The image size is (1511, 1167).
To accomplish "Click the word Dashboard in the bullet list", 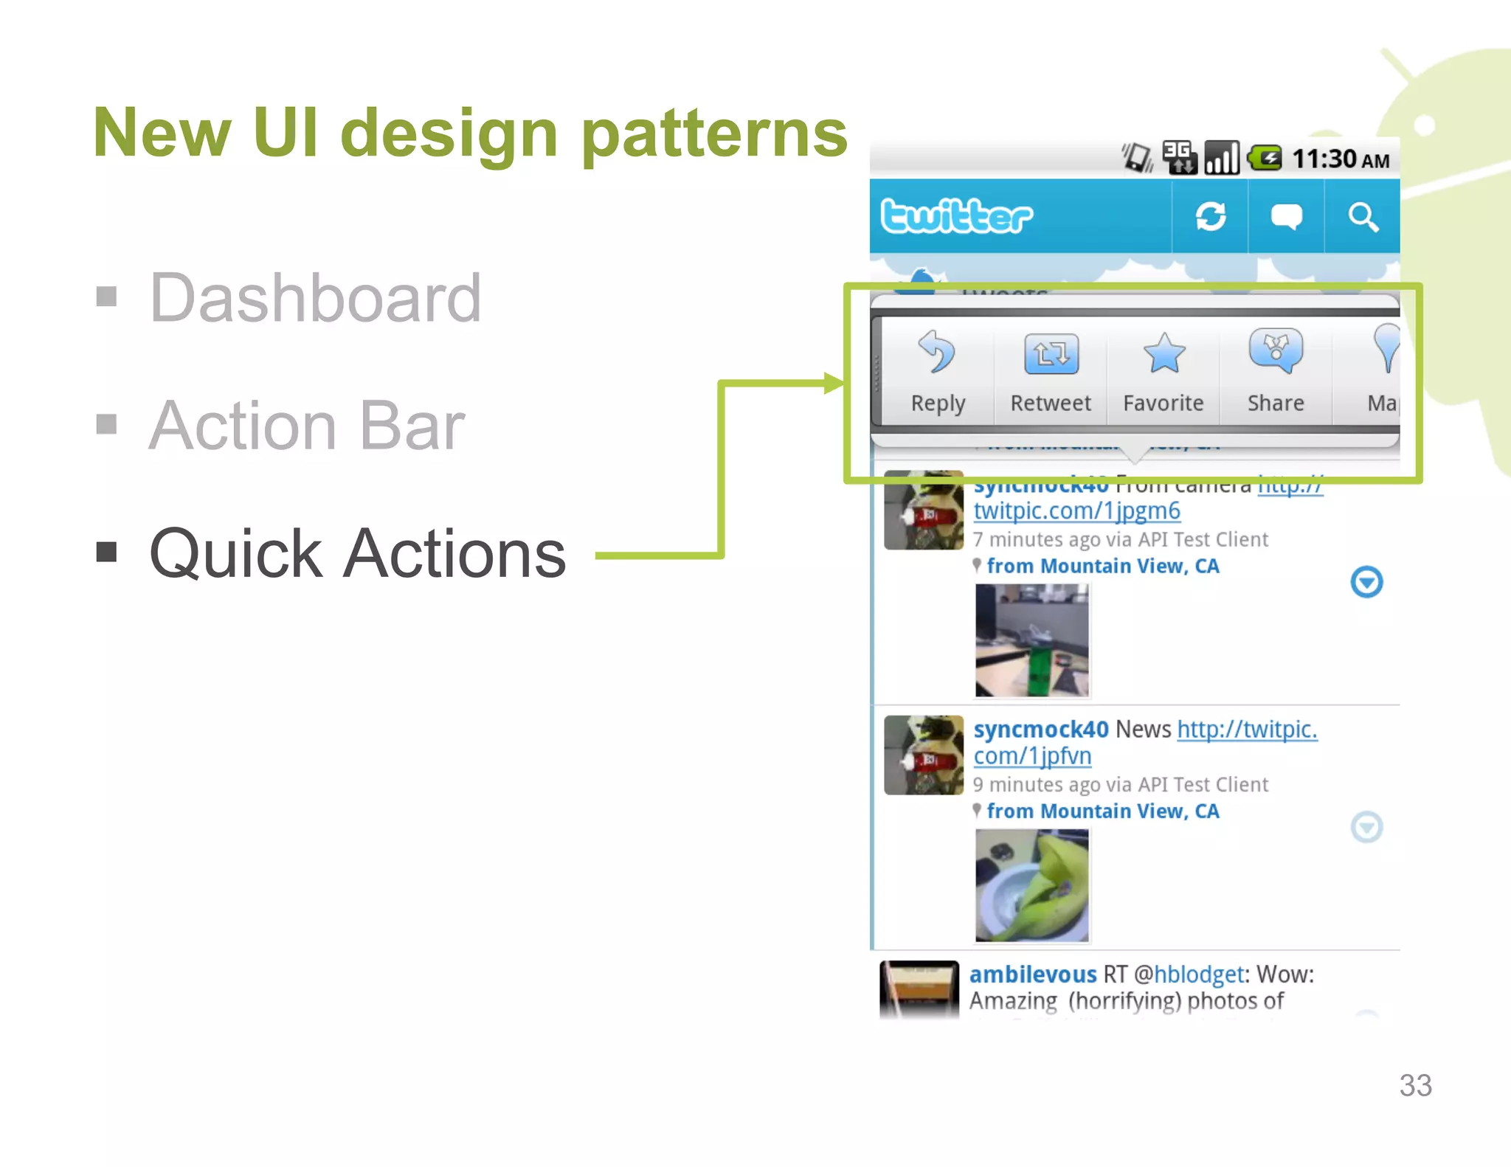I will [x=315, y=298].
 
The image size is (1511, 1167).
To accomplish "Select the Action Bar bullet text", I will [x=306, y=426].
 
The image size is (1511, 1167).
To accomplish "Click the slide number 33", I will [x=1415, y=1085].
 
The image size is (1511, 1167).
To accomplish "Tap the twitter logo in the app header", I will [x=956, y=216].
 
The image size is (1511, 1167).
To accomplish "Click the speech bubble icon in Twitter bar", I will [x=1286, y=217].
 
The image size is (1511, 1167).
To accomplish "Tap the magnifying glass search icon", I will [x=1362, y=217].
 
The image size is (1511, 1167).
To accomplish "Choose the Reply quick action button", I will [x=938, y=373].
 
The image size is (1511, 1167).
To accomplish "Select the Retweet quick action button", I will [x=1051, y=373].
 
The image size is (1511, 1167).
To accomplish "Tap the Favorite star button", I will [x=1163, y=373].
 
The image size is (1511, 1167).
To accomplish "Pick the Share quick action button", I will [x=1276, y=373].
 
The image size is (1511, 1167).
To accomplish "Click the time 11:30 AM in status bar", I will [x=1340, y=159].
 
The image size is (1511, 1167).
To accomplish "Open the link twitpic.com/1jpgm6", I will [x=1076, y=510].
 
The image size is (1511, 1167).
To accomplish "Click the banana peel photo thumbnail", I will [x=1031, y=885].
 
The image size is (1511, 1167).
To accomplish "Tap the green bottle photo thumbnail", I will [x=1031, y=640].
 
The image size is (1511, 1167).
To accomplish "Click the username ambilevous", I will [x=1032, y=974].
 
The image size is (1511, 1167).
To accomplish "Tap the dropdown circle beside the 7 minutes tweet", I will [x=1366, y=582].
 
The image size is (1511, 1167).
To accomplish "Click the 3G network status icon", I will [x=1179, y=157].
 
